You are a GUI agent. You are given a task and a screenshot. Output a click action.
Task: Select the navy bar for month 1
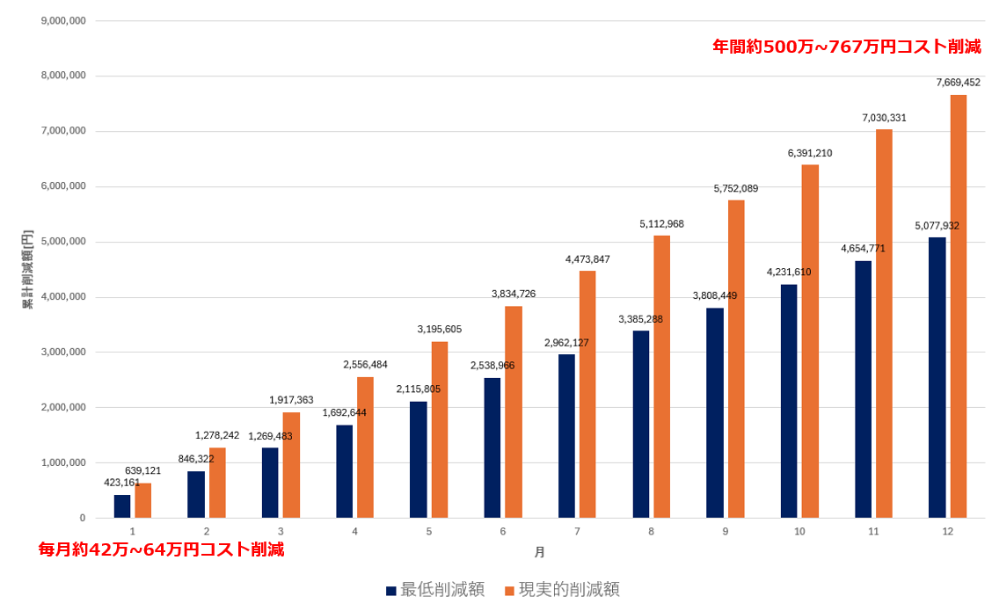tap(122, 506)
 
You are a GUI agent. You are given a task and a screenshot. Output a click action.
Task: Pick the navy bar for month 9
tap(715, 412)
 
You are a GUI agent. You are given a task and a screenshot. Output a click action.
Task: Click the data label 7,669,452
tap(958, 83)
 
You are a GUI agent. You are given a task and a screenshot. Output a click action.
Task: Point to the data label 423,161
tap(122, 483)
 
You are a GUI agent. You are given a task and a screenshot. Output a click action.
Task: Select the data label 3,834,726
tap(514, 294)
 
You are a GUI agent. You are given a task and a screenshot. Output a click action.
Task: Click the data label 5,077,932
tap(937, 226)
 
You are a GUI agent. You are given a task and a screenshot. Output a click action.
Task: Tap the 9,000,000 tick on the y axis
tap(63, 20)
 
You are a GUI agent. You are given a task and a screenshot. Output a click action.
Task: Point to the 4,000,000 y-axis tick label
tap(63, 297)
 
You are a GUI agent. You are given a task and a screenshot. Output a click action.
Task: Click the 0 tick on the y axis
tap(83, 518)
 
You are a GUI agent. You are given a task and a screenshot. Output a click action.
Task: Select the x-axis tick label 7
tap(577, 532)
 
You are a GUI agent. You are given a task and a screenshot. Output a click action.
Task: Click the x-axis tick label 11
tap(873, 532)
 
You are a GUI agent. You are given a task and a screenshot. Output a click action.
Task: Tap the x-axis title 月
tap(539, 552)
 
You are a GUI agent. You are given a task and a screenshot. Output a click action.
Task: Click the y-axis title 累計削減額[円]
tap(28, 269)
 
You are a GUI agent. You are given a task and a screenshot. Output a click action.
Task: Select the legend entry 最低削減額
tap(435, 590)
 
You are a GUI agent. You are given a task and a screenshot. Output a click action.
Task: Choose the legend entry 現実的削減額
tap(562, 590)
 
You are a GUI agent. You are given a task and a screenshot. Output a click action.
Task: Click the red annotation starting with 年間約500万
tap(846, 47)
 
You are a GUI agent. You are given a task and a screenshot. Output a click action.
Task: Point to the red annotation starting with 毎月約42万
tap(162, 549)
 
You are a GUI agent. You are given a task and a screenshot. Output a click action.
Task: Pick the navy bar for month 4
tap(345, 471)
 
